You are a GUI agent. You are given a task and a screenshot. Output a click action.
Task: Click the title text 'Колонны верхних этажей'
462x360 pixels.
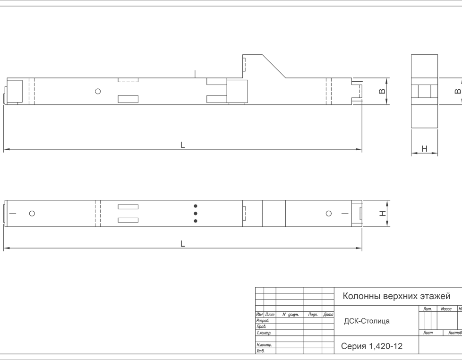coord(396,296)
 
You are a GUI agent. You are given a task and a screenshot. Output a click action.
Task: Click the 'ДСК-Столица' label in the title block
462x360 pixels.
coord(367,321)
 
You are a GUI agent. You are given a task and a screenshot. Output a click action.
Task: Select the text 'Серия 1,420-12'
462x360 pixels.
coord(372,346)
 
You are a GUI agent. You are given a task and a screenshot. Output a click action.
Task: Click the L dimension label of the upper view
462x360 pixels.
coord(182,145)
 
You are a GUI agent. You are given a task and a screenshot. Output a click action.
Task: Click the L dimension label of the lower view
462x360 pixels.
coord(182,244)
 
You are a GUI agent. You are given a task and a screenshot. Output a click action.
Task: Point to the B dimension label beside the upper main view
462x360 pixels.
coord(382,91)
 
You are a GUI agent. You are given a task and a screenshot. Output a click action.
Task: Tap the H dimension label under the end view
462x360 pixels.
coord(424,149)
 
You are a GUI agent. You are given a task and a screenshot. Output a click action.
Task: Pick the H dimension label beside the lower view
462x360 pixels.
coord(383,214)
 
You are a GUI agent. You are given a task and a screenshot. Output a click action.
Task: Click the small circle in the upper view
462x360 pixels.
coord(98,91)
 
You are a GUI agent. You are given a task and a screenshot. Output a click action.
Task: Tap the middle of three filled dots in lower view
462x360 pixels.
coord(196,214)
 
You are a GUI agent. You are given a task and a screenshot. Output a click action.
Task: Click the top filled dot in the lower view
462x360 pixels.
coord(196,206)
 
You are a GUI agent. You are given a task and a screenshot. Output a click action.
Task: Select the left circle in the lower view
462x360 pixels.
coord(32,214)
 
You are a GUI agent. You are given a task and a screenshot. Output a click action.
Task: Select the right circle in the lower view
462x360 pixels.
coord(329,214)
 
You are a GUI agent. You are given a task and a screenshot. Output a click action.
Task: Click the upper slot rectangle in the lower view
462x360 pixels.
coord(128,207)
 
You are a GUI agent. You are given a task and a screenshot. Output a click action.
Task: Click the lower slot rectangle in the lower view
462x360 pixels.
coord(128,220)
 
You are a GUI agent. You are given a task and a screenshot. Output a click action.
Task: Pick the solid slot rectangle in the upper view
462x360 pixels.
coord(128,99)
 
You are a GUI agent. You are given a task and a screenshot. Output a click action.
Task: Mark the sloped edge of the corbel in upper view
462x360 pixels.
coord(274,66)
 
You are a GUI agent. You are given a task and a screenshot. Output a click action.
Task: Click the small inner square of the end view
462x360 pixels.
coord(424,91)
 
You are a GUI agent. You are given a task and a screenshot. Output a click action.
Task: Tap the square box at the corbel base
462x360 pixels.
coord(237,91)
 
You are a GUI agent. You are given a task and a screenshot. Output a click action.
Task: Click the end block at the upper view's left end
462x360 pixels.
coord(14,91)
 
